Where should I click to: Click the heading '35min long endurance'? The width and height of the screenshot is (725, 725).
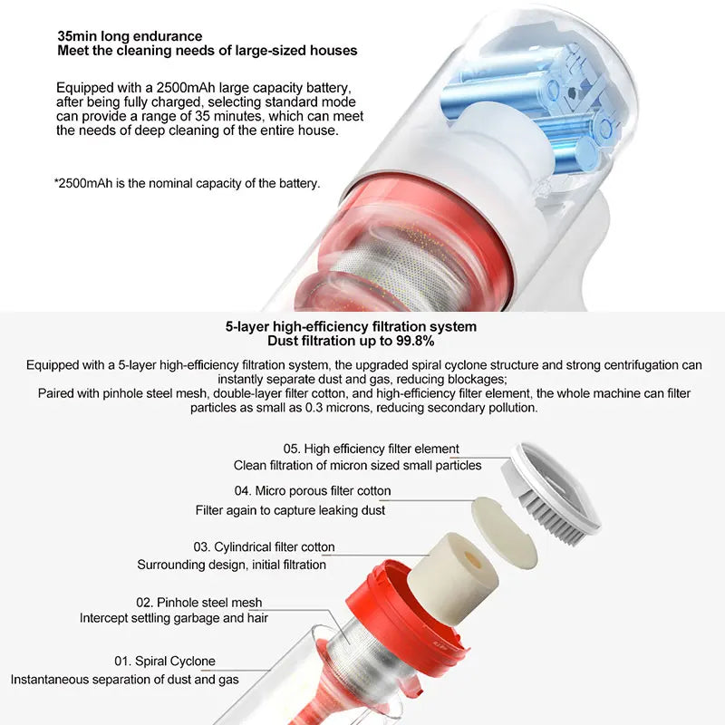pyautogui.click(x=130, y=36)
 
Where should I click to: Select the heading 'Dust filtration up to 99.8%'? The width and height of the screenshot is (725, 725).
pyautogui.click(x=351, y=342)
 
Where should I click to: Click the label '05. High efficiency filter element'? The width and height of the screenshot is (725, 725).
pyautogui.click(x=372, y=449)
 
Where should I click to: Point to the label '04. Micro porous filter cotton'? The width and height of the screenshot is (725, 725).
pyautogui.click(x=313, y=490)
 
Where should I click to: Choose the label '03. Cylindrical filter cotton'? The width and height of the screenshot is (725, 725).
pyautogui.click(x=264, y=547)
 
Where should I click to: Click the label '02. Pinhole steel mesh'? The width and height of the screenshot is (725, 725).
pyautogui.click(x=198, y=603)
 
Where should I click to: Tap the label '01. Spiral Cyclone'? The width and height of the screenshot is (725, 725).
pyautogui.click(x=165, y=662)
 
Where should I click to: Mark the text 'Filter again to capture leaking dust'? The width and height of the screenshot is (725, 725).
pyautogui.click(x=290, y=510)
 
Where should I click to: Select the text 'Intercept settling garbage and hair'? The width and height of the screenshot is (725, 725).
pyautogui.click(x=174, y=618)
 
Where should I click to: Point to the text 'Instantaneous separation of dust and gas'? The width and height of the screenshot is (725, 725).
pyautogui.click(x=125, y=680)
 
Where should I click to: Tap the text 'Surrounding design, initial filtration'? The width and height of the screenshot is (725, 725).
pyautogui.click(x=232, y=565)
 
